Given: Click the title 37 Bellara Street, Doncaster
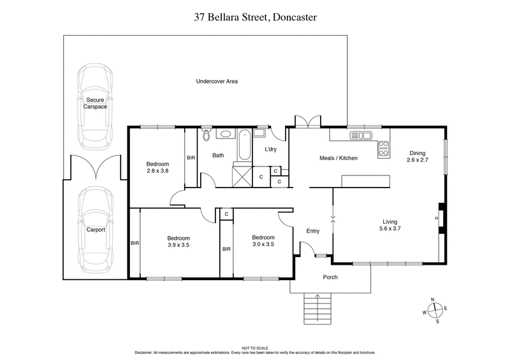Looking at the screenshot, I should [x=254, y=18].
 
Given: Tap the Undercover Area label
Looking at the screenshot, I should [x=217, y=82].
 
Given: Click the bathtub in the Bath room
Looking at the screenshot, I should [x=244, y=145].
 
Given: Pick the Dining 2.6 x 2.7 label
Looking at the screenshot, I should [x=418, y=157].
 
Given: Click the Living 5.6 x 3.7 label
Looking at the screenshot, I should [x=390, y=224].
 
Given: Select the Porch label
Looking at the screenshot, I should [x=330, y=277].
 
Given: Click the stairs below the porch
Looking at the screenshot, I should [x=312, y=310].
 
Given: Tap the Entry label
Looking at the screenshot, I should [x=312, y=231].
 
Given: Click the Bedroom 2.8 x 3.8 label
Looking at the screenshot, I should [x=157, y=167].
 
